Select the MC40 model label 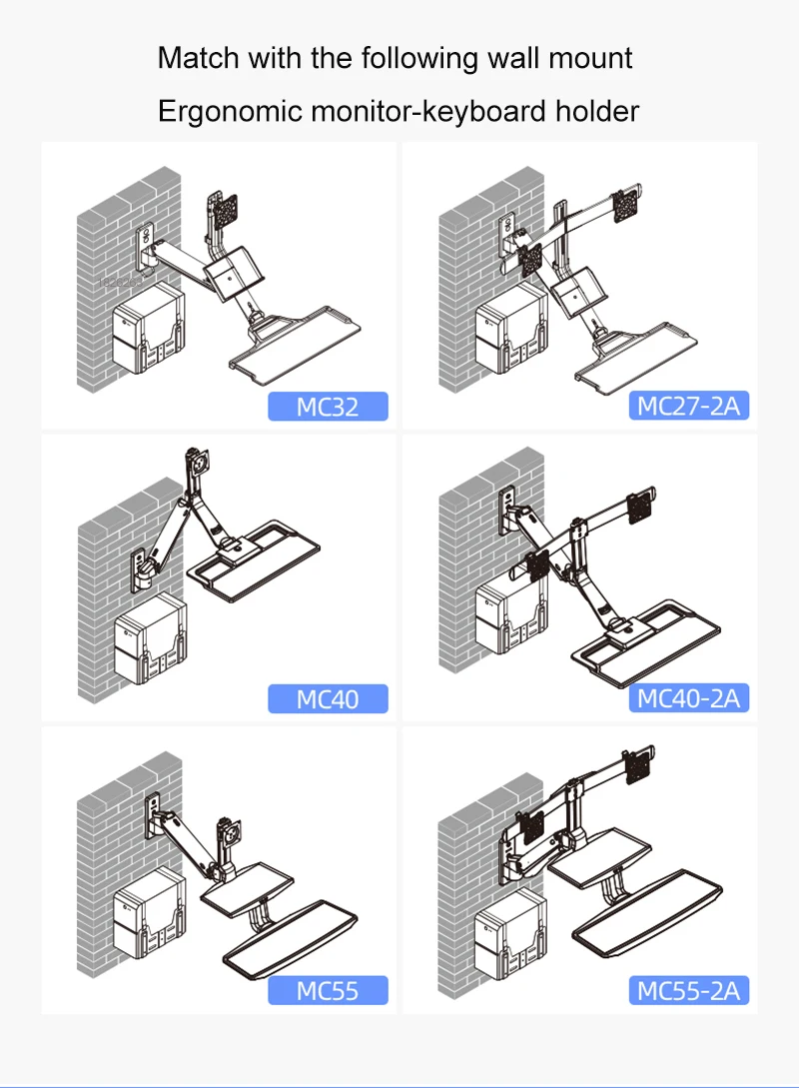click(328, 698)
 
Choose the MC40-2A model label click(689, 698)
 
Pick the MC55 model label click(328, 991)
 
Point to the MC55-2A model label click(689, 991)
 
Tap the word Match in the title click(198, 58)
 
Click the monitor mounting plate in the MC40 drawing click(197, 464)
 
